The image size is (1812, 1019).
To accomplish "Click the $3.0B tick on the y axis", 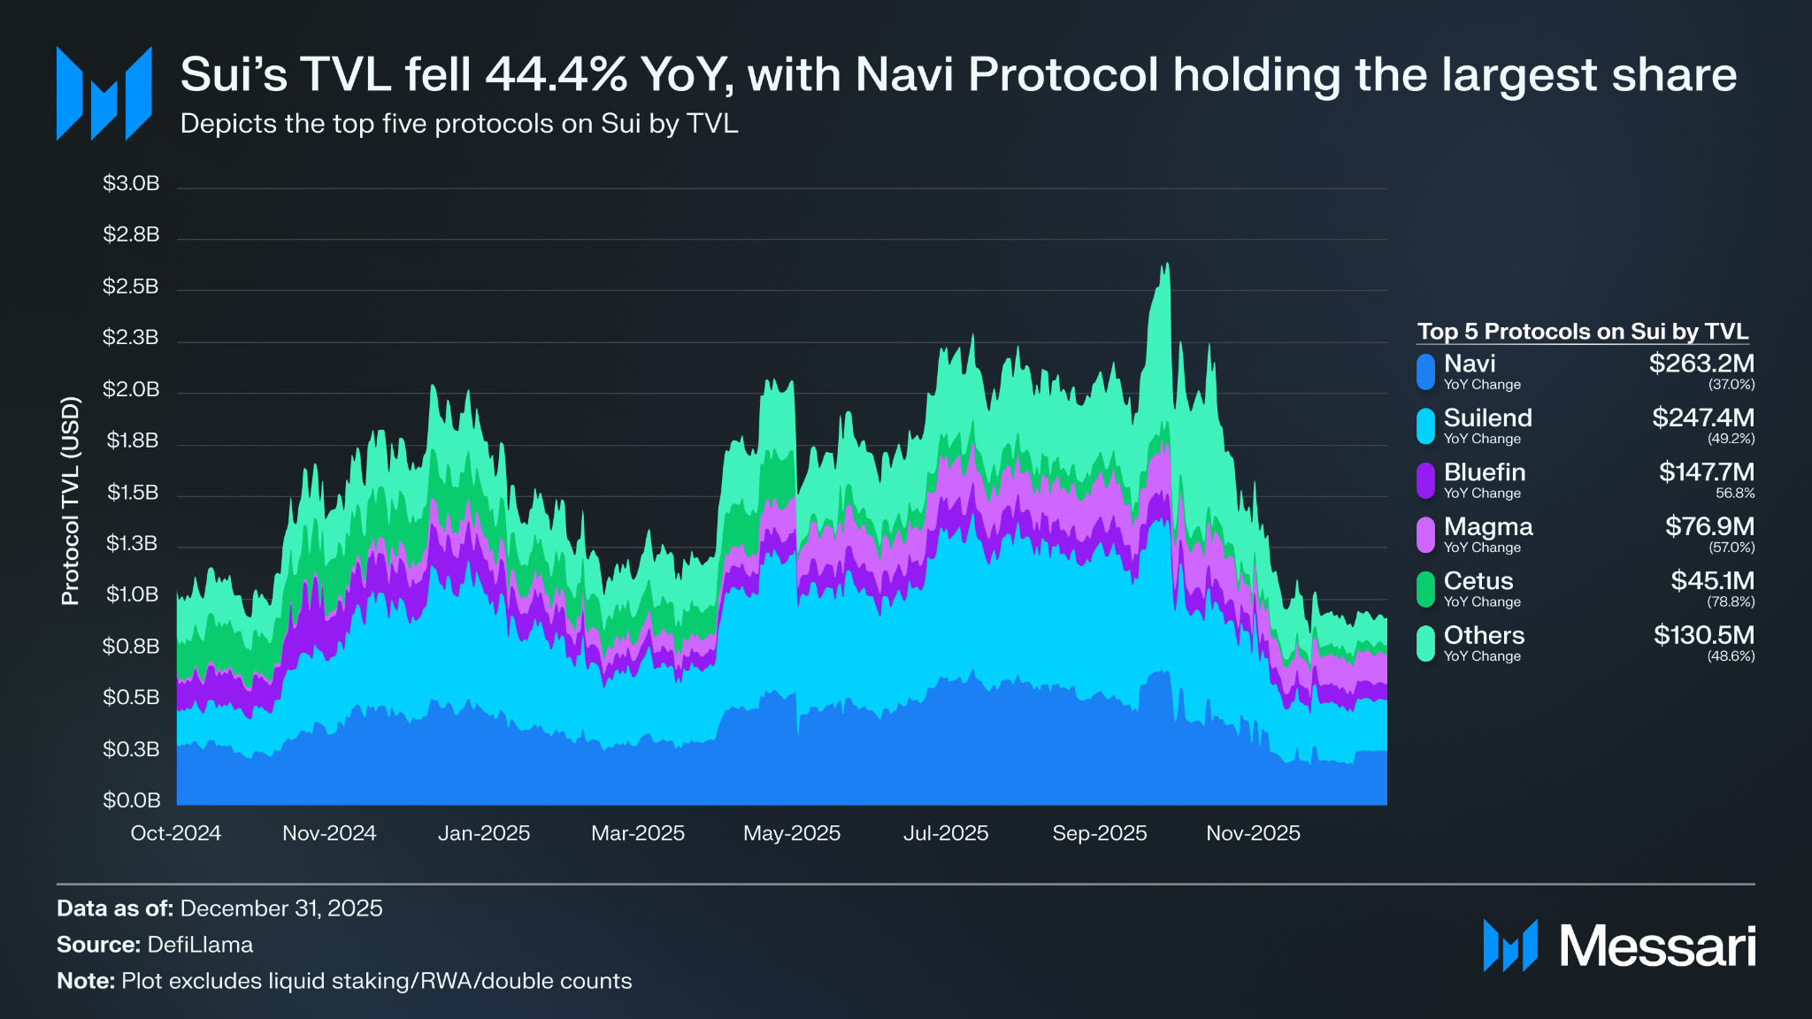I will (131, 183).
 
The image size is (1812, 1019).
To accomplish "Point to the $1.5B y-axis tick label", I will (132, 492).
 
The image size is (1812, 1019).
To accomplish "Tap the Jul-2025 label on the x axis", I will (945, 833).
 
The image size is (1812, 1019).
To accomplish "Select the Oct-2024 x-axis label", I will (175, 833).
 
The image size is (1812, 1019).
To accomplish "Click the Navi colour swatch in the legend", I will (1425, 372).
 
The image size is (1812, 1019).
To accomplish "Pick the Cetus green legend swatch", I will (1425, 589).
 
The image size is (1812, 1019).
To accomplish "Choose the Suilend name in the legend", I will (1487, 418).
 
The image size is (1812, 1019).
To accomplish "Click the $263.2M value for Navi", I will (1701, 364).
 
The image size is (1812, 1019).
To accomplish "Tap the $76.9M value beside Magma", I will (1709, 526).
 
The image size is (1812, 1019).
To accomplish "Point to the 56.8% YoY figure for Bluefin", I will (1734, 494).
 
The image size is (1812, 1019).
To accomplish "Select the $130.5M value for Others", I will (1703, 635).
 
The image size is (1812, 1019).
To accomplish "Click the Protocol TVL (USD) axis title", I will (71, 501).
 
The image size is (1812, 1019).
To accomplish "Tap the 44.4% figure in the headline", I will (557, 74).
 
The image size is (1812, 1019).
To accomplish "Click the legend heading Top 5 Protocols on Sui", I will (1582, 332).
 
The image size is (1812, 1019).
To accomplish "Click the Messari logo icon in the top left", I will (104, 94).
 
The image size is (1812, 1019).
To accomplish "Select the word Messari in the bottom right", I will (1656, 946).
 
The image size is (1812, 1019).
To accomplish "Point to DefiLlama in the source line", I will (200, 945).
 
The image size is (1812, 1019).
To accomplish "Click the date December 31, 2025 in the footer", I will (280, 908).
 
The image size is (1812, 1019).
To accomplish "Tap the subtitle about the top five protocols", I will (458, 124).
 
